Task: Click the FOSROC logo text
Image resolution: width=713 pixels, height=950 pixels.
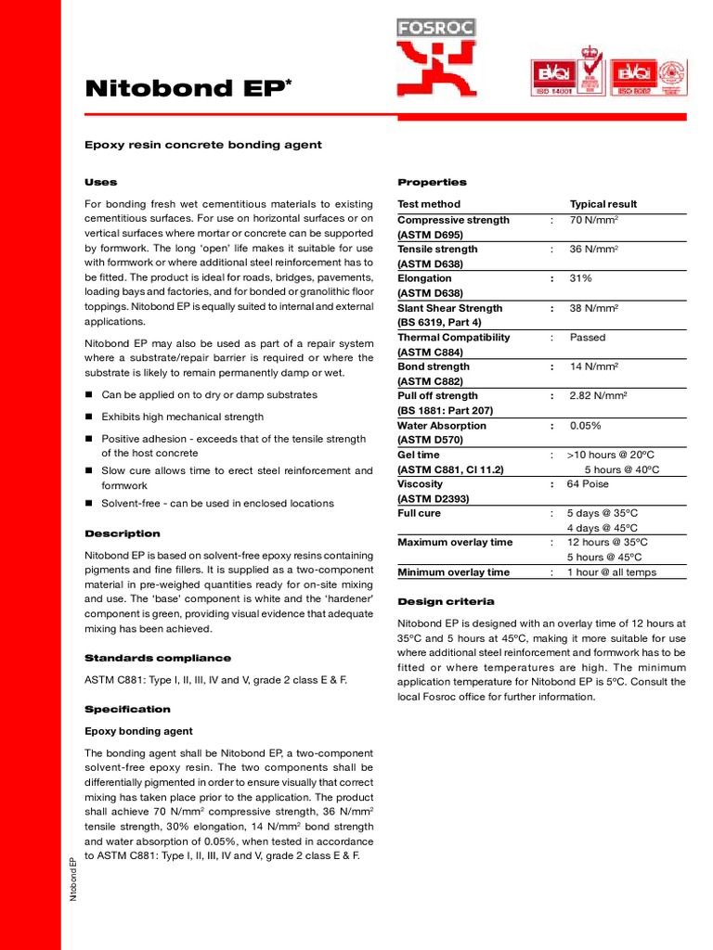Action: tap(436, 28)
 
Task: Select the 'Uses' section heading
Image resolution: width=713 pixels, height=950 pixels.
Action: tap(101, 182)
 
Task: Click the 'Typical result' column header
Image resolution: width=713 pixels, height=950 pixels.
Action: tap(603, 204)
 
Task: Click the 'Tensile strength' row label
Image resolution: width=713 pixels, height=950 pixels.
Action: tap(437, 249)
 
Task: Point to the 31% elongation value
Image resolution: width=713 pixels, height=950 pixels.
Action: tap(581, 278)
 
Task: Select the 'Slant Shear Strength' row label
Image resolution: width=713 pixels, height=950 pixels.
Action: tap(449, 308)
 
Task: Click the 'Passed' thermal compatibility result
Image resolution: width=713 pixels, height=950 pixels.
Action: tap(588, 338)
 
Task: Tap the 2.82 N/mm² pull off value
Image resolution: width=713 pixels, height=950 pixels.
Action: tap(599, 396)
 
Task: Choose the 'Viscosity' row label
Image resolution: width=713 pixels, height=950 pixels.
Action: tap(420, 484)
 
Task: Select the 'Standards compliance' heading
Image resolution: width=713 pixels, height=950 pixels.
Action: tap(158, 658)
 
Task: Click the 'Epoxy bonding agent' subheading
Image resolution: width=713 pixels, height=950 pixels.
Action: tap(139, 731)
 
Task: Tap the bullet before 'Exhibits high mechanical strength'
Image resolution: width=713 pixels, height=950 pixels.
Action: tap(89, 417)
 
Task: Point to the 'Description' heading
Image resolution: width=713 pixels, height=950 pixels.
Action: tap(123, 533)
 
